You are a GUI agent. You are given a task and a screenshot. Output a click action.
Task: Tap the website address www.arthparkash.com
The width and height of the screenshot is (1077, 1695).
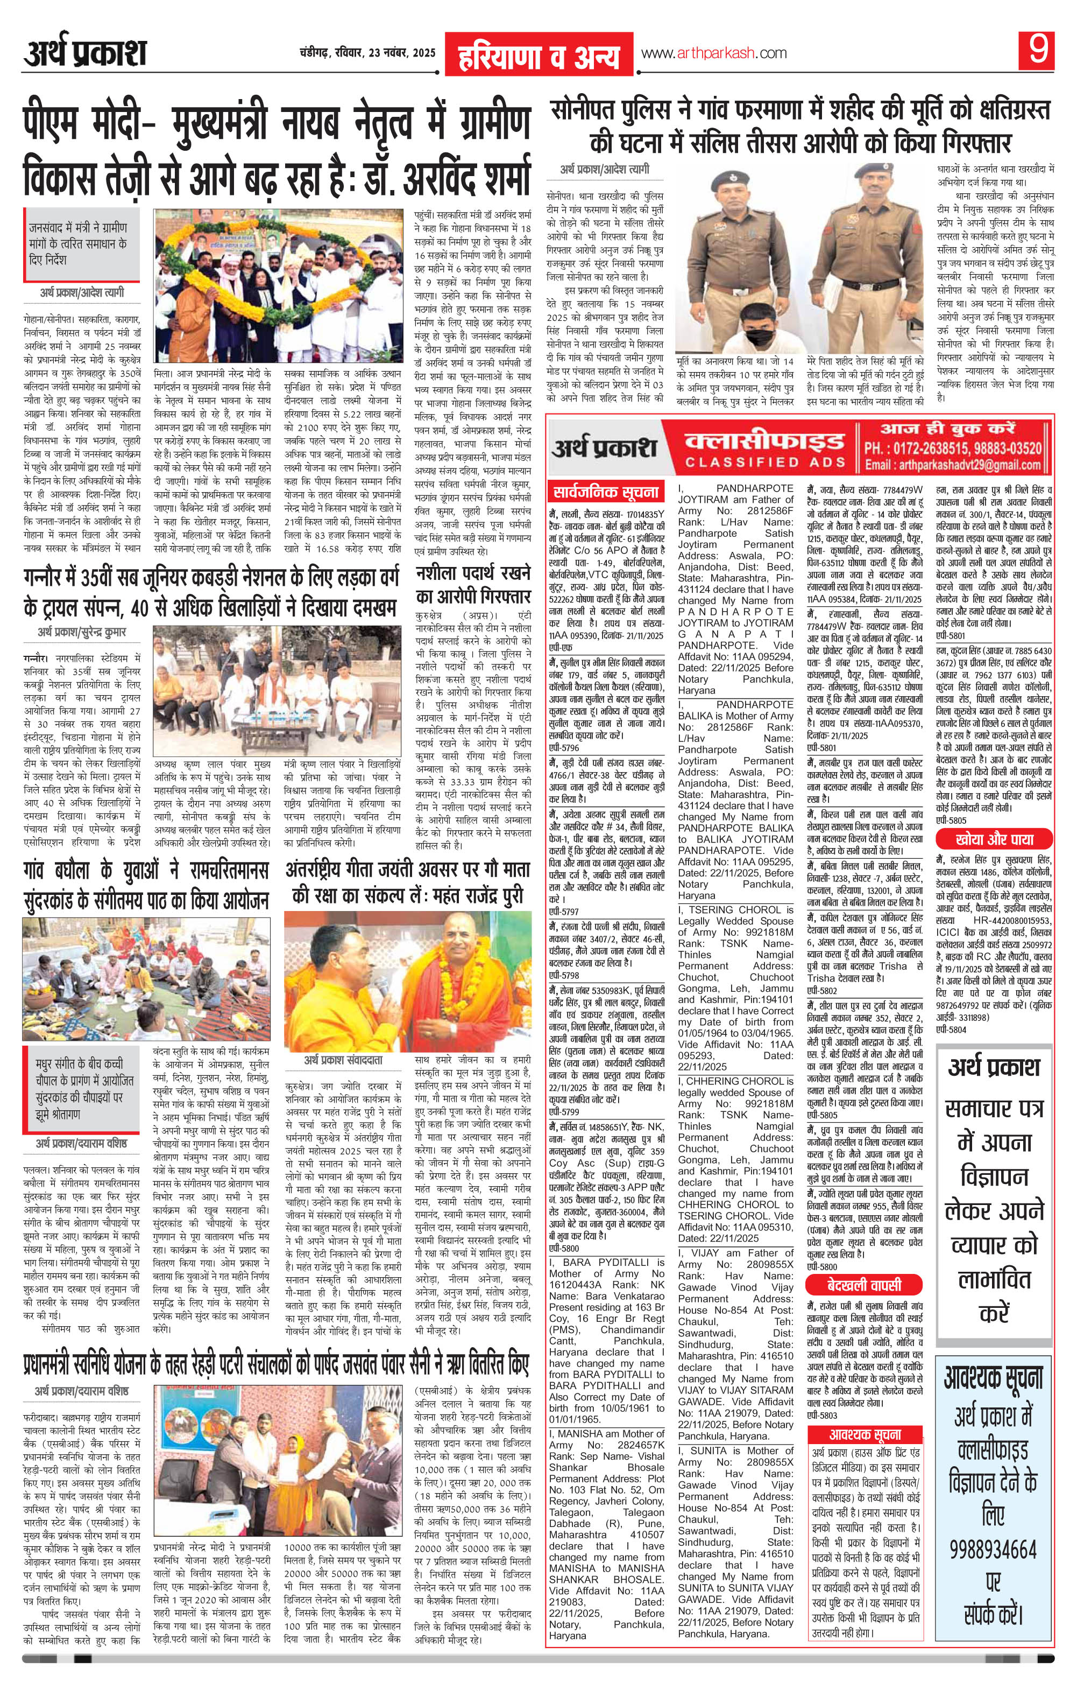click(713, 53)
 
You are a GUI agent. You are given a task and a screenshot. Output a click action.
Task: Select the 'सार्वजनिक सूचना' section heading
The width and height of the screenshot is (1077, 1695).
click(606, 492)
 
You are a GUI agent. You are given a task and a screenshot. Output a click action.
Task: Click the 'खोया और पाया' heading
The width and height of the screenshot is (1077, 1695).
click(993, 839)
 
